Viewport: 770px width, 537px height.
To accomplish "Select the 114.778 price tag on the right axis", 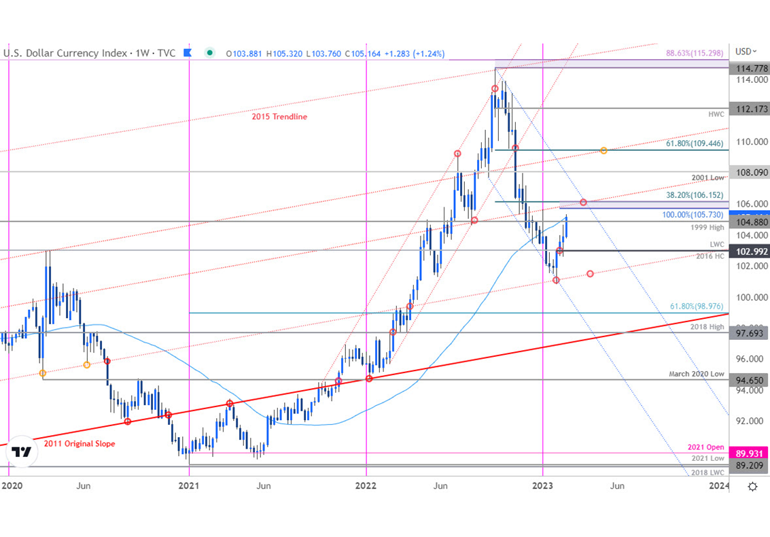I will click(748, 69).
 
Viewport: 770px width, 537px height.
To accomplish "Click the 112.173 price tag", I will click(748, 108).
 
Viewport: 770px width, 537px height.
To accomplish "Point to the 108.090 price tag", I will click(748, 173).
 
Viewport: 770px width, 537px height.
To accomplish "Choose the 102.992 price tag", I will click(748, 251).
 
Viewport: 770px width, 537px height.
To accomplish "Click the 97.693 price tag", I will click(748, 333).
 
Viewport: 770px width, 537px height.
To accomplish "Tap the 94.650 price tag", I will click(748, 380).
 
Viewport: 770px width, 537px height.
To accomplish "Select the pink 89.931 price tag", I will click(748, 453).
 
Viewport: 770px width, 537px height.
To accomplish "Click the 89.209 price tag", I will click(748, 466).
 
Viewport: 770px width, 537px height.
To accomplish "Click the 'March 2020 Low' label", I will click(697, 374).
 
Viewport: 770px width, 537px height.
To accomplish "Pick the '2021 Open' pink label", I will click(707, 447).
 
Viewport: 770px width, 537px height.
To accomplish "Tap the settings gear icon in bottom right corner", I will click(752, 486).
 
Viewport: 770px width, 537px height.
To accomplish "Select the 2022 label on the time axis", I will click(366, 486).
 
